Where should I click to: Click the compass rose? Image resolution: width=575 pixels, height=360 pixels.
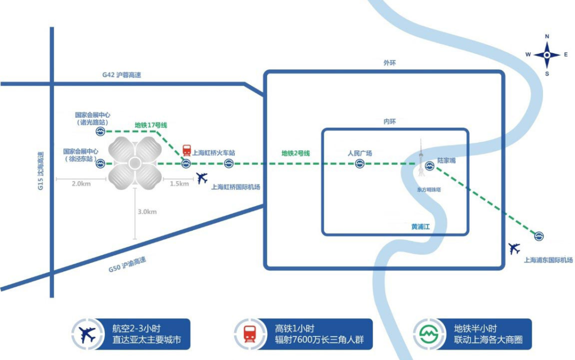tap(547, 54)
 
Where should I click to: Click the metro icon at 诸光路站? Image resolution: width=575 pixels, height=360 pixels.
tap(100, 131)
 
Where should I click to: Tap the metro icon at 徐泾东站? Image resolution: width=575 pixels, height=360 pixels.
tap(100, 165)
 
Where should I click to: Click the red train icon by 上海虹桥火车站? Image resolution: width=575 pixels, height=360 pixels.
tap(186, 150)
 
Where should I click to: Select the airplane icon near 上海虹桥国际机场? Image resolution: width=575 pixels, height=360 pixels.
tap(202, 178)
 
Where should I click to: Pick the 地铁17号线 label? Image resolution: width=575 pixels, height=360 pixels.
tap(151, 125)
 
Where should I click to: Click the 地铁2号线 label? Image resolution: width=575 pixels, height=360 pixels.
tap(295, 153)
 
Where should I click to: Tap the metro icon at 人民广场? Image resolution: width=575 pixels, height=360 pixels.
tap(360, 165)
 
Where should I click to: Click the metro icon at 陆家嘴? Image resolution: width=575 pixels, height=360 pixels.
tap(430, 166)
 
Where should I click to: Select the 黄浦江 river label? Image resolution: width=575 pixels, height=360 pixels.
tap(420, 227)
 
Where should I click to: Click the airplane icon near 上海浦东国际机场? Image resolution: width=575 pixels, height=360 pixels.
tap(514, 248)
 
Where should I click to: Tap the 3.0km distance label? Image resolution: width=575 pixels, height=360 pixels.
tap(147, 211)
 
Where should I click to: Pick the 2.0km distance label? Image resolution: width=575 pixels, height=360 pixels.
tap(81, 184)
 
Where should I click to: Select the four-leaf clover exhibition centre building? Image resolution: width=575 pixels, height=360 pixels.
tap(135, 162)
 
